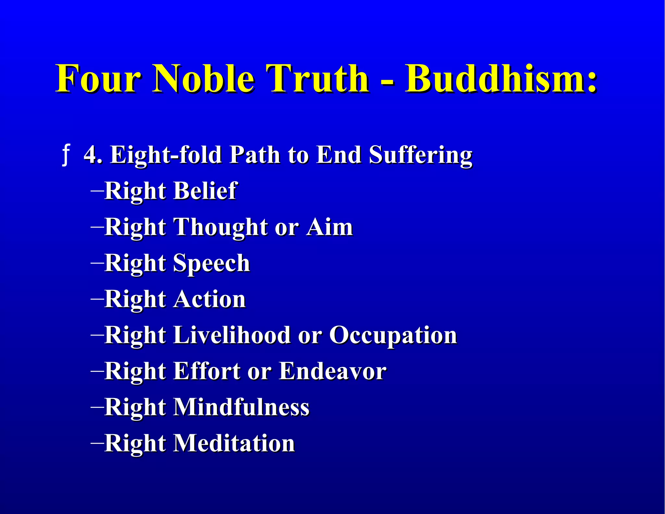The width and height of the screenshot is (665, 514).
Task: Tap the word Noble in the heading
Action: (204, 79)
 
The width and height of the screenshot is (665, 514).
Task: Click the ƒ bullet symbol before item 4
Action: (66, 155)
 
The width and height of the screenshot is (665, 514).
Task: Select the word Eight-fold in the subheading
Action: (166, 155)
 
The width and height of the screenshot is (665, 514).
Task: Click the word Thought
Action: (221, 227)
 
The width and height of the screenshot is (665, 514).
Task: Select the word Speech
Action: (211, 263)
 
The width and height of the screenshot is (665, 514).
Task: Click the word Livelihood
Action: (232, 335)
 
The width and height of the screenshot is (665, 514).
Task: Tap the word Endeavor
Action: (332, 371)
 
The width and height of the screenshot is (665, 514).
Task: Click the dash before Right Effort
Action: (97, 370)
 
